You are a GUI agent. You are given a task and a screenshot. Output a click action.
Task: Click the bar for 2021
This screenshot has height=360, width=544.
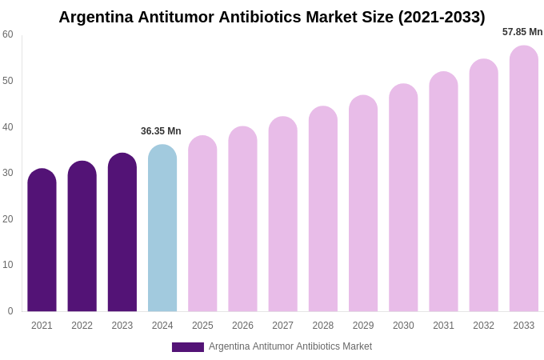(42, 240)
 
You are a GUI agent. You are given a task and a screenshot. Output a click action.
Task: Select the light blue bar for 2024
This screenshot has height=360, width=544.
(162, 228)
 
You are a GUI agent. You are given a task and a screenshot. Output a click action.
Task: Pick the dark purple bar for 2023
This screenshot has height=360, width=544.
(122, 232)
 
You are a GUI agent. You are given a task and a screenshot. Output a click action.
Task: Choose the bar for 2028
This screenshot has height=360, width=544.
(323, 209)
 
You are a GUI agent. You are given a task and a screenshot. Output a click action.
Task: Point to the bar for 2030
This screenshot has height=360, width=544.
(403, 198)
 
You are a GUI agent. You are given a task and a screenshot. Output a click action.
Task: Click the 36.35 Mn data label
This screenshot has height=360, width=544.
(161, 131)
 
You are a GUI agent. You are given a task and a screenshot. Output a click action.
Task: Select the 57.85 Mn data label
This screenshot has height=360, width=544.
(522, 32)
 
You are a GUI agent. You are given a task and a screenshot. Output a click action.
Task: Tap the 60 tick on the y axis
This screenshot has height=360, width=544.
(8, 34)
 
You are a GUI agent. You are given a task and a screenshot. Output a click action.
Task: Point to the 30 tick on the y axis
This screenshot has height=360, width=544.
(8, 173)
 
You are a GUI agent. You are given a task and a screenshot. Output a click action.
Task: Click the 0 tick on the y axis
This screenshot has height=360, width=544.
(10, 311)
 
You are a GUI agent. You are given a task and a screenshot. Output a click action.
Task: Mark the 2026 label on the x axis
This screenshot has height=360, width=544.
(242, 326)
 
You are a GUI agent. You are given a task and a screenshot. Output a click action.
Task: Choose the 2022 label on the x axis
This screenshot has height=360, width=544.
(82, 326)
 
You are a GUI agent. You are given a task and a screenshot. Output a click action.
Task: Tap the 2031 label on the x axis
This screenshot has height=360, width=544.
(443, 326)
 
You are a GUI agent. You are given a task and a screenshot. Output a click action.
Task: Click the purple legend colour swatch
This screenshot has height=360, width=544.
(188, 347)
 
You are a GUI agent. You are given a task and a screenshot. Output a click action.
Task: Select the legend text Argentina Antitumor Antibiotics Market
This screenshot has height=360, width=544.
(290, 346)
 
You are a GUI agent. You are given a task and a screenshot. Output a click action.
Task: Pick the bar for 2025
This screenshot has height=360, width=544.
(202, 223)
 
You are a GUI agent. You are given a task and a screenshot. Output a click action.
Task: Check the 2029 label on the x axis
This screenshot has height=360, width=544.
(363, 326)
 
